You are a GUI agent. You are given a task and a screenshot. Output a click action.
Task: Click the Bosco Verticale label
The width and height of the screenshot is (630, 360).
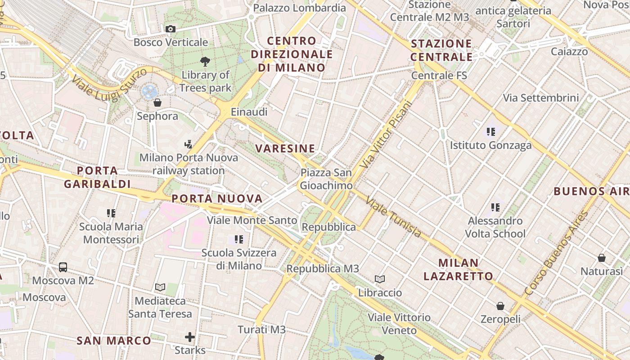(171, 42)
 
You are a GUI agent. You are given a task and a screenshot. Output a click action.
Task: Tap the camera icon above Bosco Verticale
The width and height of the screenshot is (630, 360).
(171, 29)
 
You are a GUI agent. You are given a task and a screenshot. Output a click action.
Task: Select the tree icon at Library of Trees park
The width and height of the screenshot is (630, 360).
(206, 61)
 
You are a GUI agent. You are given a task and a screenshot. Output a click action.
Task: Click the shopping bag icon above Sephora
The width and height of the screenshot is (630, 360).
(157, 103)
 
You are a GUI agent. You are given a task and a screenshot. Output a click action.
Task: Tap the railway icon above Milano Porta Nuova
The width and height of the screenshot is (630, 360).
(189, 144)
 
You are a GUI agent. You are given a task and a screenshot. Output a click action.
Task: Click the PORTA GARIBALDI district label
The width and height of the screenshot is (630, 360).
(97, 177)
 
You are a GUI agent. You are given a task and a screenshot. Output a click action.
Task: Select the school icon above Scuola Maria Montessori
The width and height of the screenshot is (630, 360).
(111, 213)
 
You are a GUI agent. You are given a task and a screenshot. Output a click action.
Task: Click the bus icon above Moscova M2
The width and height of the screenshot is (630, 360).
(63, 267)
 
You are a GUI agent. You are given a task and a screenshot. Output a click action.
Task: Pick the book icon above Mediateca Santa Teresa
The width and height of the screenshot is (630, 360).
(160, 287)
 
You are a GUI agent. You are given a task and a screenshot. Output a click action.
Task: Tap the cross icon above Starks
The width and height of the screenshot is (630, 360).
(190, 337)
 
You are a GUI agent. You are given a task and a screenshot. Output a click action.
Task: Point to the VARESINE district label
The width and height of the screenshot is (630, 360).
(285, 148)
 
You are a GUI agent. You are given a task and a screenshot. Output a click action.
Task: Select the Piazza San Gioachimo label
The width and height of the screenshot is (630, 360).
(326, 179)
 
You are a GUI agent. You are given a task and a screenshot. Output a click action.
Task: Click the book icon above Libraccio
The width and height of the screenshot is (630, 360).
(380, 279)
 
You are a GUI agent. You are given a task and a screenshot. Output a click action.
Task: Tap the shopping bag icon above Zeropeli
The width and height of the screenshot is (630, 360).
(500, 306)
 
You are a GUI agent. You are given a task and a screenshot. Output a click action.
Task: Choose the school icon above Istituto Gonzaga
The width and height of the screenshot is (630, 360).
(490, 132)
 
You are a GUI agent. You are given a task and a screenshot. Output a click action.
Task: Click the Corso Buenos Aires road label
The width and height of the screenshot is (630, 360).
(556, 254)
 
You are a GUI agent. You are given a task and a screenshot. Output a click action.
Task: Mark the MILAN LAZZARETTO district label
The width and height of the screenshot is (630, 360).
(459, 269)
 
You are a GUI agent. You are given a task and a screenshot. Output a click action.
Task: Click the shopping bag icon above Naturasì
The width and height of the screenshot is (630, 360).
(601, 258)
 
